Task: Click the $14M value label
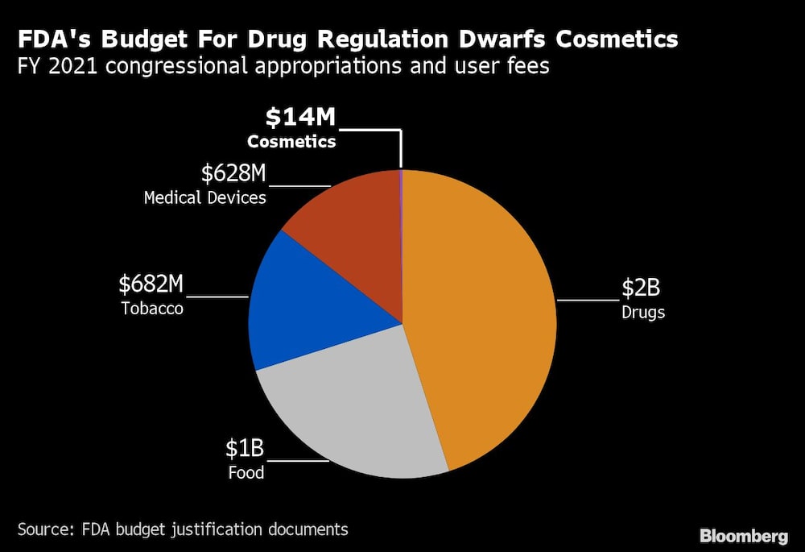(x=300, y=118)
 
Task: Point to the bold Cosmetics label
(x=291, y=142)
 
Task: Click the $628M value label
(x=233, y=173)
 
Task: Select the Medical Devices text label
(x=204, y=197)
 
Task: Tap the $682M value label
(x=151, y=284)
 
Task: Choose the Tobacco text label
(x=151, y=308)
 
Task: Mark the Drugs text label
(x=643, y=312)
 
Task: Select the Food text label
(x=246, y=472)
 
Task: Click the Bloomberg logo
(x=744, y=535)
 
